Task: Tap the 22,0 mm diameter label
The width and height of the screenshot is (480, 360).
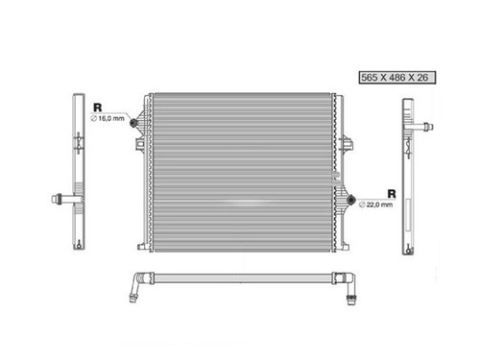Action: [376, 204]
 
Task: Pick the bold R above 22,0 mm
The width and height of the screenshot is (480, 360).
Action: [391, 192]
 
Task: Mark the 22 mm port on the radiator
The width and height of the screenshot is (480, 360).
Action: [354, 203]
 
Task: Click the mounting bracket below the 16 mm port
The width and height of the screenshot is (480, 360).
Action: [141, 145]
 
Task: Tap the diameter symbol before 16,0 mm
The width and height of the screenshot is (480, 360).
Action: [94, 117]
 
